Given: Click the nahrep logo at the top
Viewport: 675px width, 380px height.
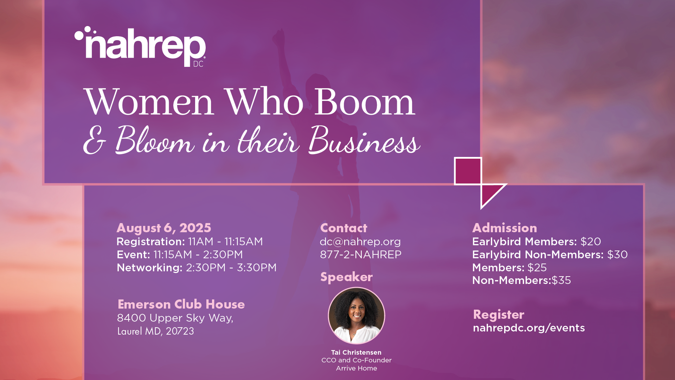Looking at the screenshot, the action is click(x=140, y=46).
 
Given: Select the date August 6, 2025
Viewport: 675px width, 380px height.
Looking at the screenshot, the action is click(x=164, y=228).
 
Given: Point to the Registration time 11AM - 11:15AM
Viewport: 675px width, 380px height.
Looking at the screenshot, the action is click(x=225, y=242).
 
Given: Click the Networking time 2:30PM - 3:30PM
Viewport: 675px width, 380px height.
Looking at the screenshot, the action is click(x=231, y=268).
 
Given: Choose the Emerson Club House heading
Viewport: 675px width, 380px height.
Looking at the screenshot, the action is click(x=181, y=304).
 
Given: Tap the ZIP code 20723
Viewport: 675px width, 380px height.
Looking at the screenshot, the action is click(x=180, y=331).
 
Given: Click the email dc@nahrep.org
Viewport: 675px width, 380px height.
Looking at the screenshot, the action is click(x=360, y=242).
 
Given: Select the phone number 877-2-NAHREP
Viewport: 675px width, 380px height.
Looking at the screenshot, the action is click(x=361, y=255).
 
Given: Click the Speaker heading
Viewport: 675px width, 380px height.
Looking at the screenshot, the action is click(x=346, y=277).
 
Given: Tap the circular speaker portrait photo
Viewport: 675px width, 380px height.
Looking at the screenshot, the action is click(x=356, y=316).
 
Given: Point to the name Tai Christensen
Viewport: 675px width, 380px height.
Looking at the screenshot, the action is click(x=356, y=353).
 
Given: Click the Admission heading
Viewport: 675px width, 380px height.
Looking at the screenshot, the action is click(x=504, y=228).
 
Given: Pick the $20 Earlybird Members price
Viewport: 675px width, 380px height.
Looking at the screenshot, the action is click(x=591, y=242).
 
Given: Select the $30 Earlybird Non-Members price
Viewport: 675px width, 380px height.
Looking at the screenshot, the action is click(x=617, y=255).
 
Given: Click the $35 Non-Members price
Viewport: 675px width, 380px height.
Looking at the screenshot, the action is click(x=561, y=280).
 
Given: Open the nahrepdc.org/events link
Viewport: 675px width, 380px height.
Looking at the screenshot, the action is click(x=529, y=328).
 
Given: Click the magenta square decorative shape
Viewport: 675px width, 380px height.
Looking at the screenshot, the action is click(x=468, y=171).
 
